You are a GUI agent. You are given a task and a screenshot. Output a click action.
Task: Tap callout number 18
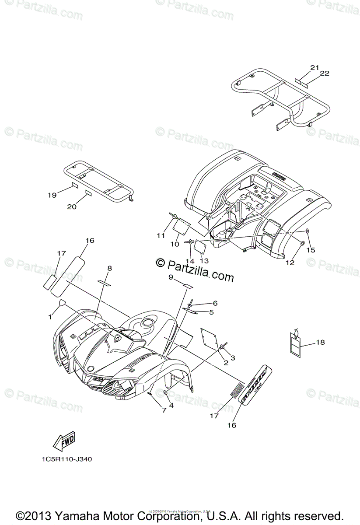(320, 342)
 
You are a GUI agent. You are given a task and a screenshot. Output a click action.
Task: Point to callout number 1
(50, 316)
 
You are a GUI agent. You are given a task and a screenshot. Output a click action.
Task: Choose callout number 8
(109, 268)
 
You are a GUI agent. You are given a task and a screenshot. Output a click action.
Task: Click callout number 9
(171, 277)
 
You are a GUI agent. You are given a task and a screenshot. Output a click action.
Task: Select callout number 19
(52, 195)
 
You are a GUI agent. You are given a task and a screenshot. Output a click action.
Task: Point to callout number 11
(161, 235)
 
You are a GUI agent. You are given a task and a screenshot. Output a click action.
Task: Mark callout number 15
(311, 250)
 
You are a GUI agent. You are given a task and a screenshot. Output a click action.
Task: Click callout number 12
(290, 262)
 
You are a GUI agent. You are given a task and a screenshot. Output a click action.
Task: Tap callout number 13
(204, 261)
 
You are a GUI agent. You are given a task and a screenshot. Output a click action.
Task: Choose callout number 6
(215, 303)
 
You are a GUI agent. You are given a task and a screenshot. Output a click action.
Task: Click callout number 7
(164, 410)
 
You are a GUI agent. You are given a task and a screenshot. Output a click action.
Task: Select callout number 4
(171, 405)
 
